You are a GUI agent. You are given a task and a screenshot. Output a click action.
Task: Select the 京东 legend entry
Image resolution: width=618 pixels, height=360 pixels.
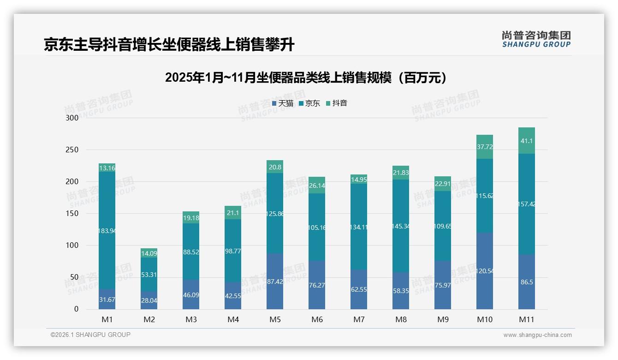click(x=309, y=103)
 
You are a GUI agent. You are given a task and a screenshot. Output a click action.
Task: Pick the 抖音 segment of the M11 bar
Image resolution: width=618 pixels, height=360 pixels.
click(x=527, y=141)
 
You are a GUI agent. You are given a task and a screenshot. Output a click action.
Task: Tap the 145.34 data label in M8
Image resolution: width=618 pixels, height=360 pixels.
click(x=401, y=226)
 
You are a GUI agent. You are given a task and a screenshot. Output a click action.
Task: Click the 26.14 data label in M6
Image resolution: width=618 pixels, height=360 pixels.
click(x=317, y=186)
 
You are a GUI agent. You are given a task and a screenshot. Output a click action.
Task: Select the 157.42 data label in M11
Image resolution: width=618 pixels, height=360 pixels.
click(x=527, y=204)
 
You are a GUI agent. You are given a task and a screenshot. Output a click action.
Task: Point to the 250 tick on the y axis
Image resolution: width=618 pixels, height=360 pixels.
click(x=72, y=150)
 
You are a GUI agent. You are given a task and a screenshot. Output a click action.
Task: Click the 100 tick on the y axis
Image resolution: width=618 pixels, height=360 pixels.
click(x=72, y=246)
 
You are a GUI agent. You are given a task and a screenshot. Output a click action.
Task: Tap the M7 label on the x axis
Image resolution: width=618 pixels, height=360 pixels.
click(x=359, y=319)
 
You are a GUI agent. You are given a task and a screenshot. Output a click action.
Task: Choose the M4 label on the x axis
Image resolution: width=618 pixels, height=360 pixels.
click(x=233, y=319)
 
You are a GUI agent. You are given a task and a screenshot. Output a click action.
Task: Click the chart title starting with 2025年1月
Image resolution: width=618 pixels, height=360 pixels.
click(x=306, y=78)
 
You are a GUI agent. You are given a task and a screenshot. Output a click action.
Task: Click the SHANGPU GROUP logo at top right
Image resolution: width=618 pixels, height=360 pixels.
click(x=536, y=39)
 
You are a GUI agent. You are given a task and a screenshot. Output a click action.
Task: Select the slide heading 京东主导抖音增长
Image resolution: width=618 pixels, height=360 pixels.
click(x=169, y=45)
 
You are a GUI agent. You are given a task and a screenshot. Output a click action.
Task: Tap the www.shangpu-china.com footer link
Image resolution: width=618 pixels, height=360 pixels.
click(x=537, y=335)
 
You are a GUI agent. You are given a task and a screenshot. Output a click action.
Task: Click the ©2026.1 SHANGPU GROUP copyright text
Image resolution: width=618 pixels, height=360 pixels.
click(x=90, y=335)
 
